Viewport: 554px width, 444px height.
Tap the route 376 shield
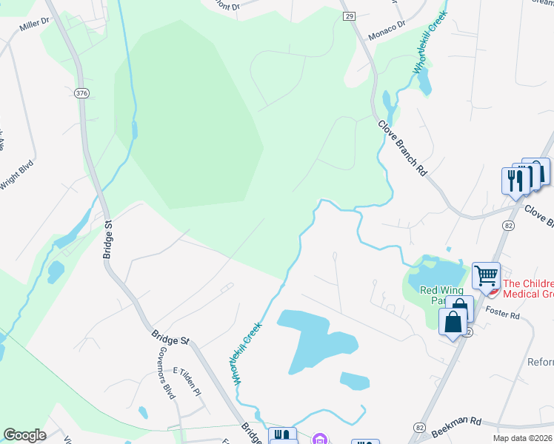click(81, 92)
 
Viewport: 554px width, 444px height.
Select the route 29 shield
click(350, 16)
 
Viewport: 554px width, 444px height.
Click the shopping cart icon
click(486, 276)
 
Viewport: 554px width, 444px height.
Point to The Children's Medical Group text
click(528, 288)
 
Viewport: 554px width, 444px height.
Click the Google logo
click(24, 435)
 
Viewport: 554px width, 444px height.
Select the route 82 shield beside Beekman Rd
click(420, 428)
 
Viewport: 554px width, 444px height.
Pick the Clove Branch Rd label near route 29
click(403, 149)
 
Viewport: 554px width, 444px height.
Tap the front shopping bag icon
click(453, 322)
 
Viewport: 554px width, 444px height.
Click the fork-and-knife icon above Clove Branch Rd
click(514, 180)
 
